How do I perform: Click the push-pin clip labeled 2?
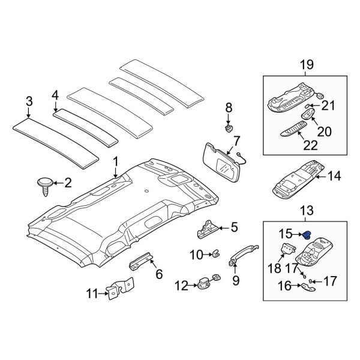[x=45, y=183]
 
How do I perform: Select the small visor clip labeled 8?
[x=229, y=128]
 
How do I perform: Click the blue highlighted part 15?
[x=307, y=234]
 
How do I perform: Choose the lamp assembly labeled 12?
[x=206, y=282]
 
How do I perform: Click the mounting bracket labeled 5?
[x=208, y=228]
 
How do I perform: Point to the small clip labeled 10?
[x=214, y=255]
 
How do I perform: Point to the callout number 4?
[x=55, y=94]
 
